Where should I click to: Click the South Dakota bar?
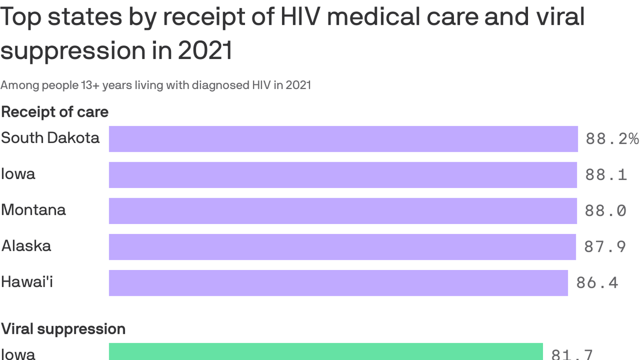pos(343,139)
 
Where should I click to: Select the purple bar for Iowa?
pos(342,175)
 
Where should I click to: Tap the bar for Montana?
pos(342,211)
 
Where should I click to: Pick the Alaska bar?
pos(342,247)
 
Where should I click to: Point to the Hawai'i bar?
pos(338,283)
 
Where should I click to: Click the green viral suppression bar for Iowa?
pos(326,352)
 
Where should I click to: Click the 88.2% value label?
pos(612,139)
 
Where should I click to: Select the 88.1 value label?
pos(606,175)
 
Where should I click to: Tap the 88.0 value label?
pos(605,211)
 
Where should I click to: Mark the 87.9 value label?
pos(605,247)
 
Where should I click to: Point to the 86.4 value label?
pos(597,283)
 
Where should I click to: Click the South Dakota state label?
pos(50,138)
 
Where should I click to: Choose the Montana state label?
pos(33,210)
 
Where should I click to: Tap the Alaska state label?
pos(26,246)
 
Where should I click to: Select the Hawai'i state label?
pos(27,282)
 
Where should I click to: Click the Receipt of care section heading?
pos(55,112)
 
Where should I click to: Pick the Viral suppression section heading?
pos(63,329)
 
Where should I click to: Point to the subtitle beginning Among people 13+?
pos(156,85)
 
